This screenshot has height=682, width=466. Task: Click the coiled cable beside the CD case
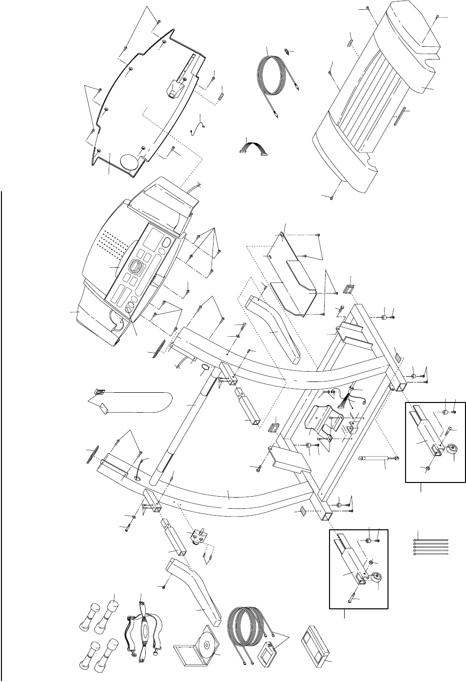pyautogui.click(x=244, y=629)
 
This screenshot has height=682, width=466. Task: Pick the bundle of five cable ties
pyautogui.click(x=431, y=547)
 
